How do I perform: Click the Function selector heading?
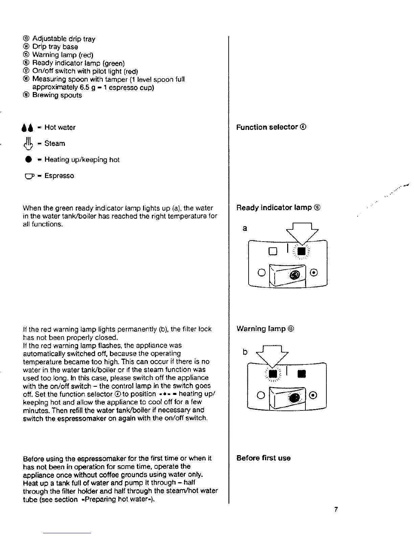[x=271, y=127]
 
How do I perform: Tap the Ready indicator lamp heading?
[x=278, y=207]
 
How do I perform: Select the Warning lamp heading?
[x=265, y=329]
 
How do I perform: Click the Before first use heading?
[x=263, y=458]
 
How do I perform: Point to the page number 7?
[x=336, y=510]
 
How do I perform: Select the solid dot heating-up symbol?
[x=28, y=160]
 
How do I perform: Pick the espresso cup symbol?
[x=28, y=176]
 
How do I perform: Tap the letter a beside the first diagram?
[x=245, y=228]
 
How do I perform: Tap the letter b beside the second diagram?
[x=245, y=352]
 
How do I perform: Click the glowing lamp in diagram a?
[x=302, y=251]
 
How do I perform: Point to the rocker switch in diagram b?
[x=287, y=399]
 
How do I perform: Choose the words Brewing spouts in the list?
[x=57, y=95]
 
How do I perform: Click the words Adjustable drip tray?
[x=64, y=39]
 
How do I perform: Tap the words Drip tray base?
[x=55, y=47]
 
